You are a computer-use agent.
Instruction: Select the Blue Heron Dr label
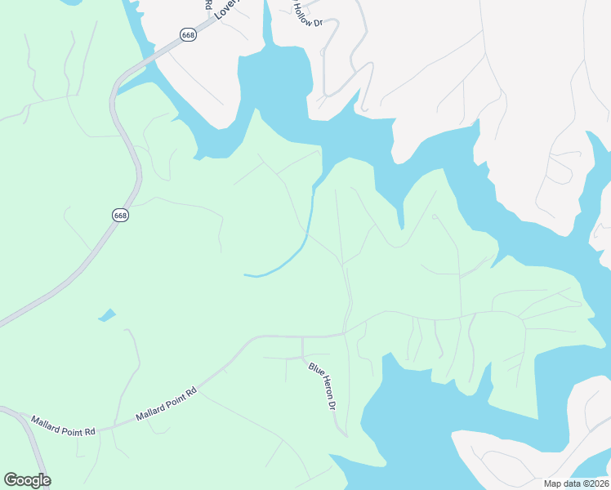click(x=322, y=385)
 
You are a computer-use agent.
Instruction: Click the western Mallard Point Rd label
click(x=63, y=425)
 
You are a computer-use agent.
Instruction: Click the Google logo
click(x=27, y=480)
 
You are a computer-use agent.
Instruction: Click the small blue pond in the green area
click(x=107, y=314)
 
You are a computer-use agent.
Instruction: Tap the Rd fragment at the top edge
click(x=207, y=4)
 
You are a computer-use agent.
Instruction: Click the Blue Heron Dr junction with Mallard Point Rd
click(x=303, y=336)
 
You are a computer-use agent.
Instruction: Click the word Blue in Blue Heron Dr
click(x=313, y=370)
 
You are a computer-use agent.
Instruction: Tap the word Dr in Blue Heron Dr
click(x=332, y=403)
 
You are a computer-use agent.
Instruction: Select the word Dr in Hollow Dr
click(x=318, y=21)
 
